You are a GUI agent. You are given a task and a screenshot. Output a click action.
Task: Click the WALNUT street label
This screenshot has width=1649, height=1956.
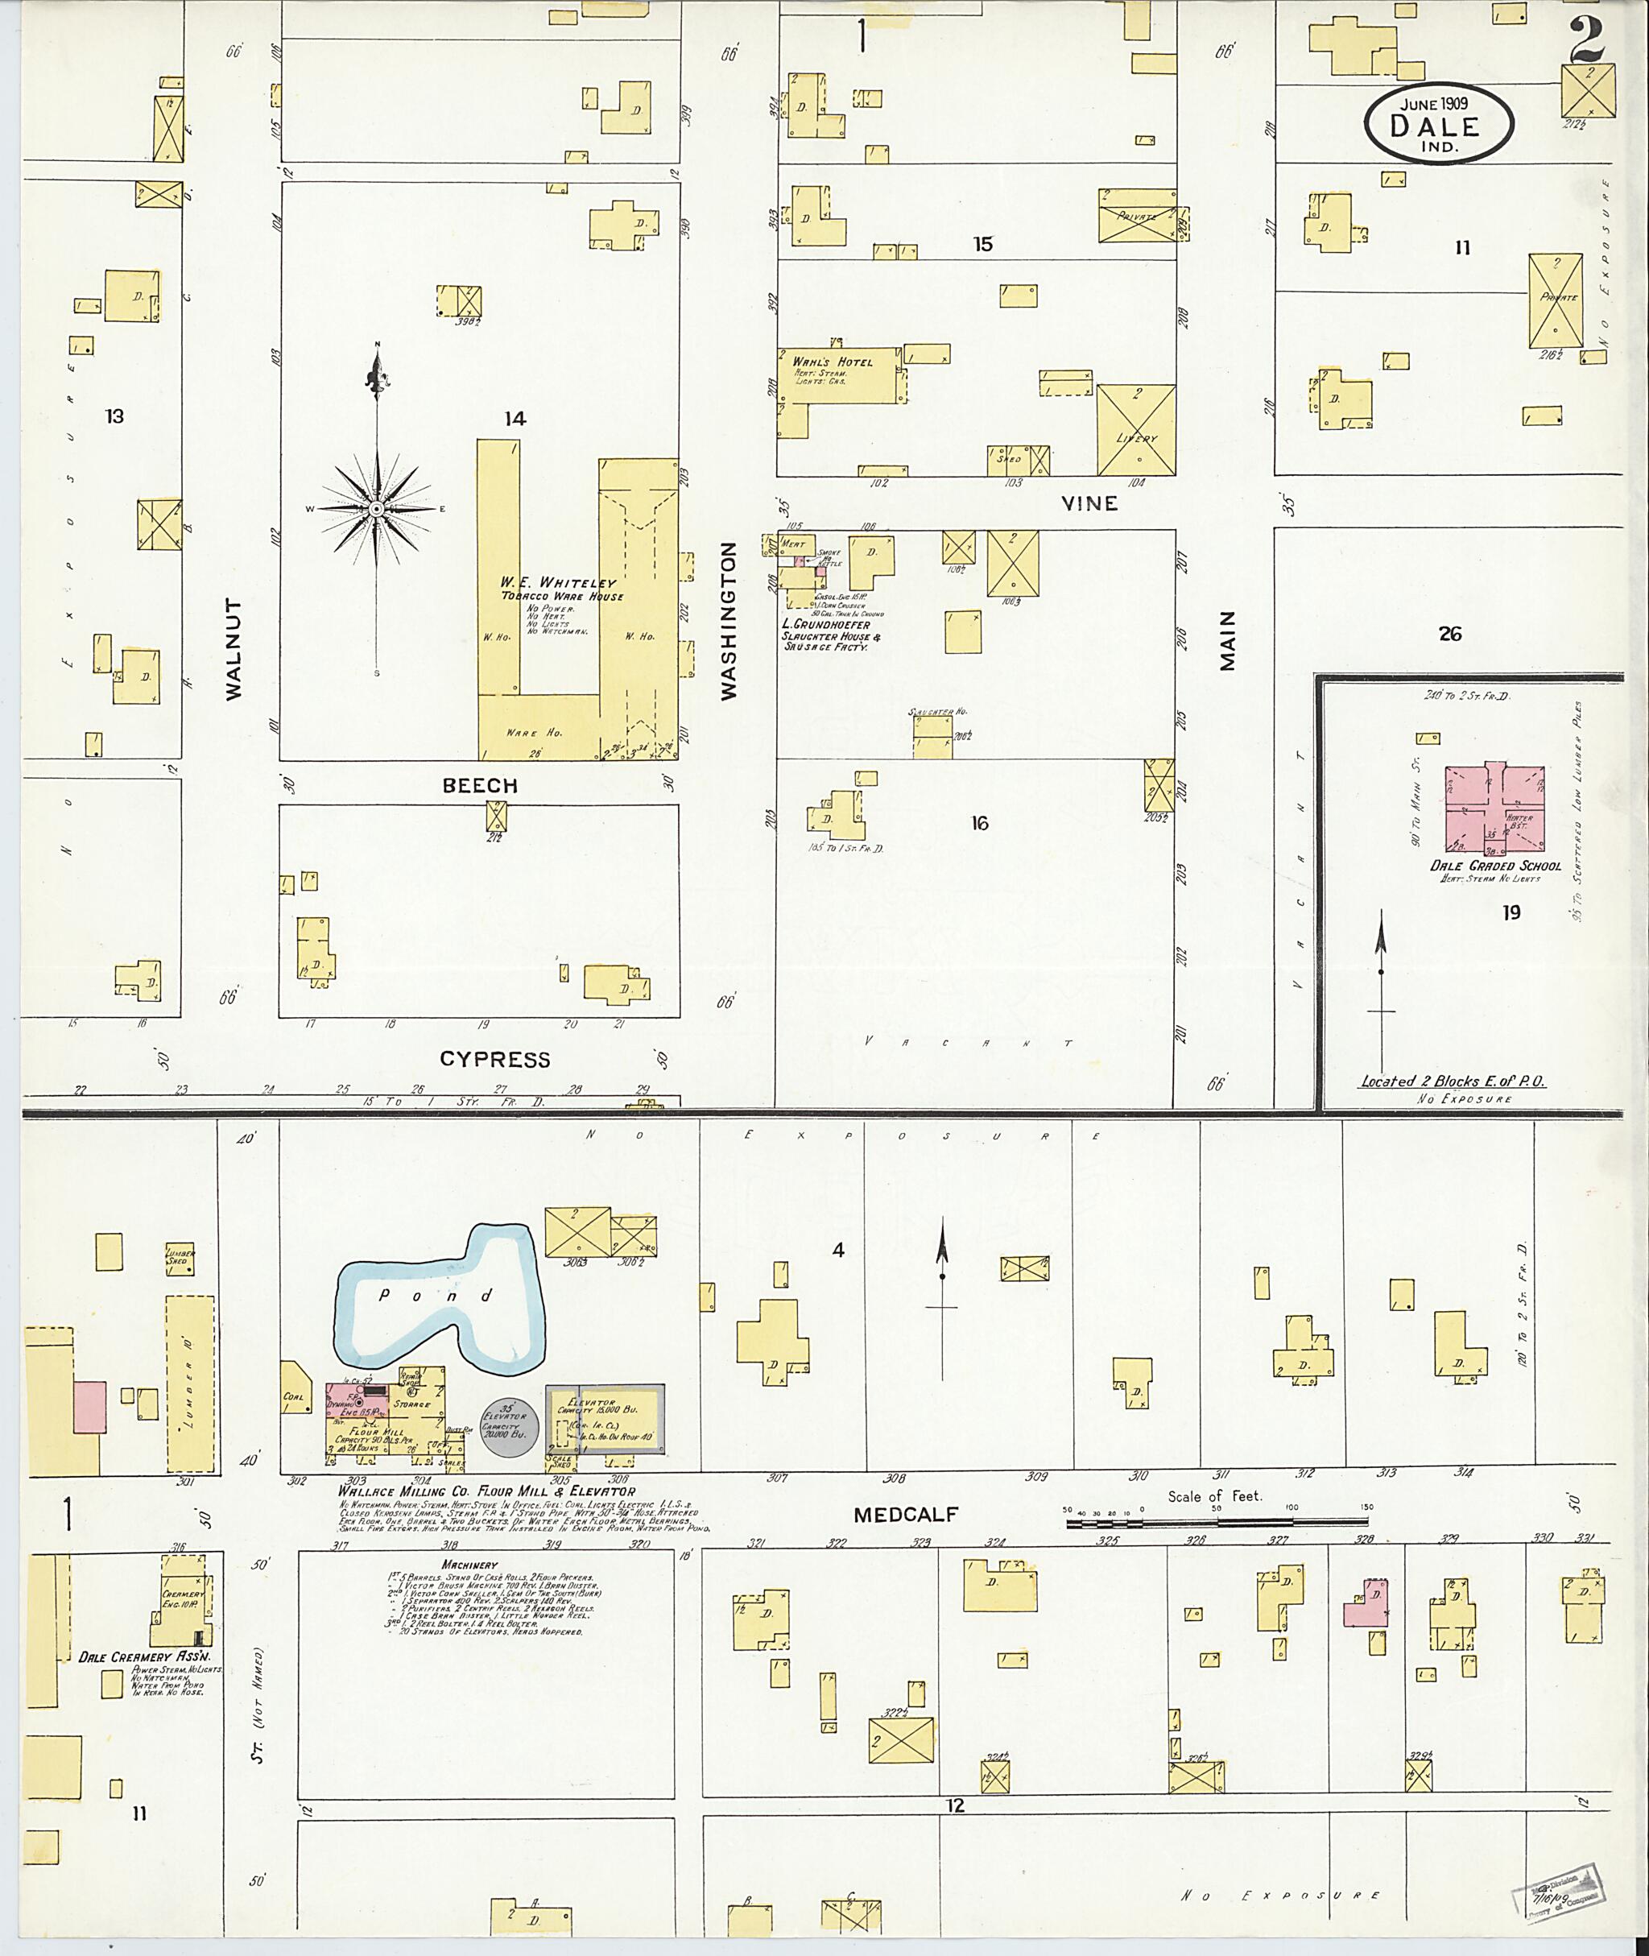234,649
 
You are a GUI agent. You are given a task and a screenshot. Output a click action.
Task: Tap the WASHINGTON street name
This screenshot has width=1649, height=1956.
729,621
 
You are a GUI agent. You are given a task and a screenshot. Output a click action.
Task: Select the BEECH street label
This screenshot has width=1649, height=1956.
480,785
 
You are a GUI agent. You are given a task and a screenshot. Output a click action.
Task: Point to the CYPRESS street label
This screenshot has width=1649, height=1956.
494,1060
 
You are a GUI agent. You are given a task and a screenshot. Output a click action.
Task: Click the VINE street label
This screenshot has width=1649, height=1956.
1089,504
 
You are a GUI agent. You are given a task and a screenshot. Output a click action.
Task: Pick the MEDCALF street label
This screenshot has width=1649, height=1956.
906,1515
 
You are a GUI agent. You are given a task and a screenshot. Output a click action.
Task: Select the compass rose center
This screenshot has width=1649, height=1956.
376,509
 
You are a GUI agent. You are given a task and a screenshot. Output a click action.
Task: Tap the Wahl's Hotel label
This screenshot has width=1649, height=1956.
832,362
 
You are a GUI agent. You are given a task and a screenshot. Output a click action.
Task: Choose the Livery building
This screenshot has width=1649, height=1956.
1136,429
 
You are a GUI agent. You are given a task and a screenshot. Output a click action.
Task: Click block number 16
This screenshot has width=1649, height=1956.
979,823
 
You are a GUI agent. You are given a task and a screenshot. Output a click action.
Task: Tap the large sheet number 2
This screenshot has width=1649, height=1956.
1586,37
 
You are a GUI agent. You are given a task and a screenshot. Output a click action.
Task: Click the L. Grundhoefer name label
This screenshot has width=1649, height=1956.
825,625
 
